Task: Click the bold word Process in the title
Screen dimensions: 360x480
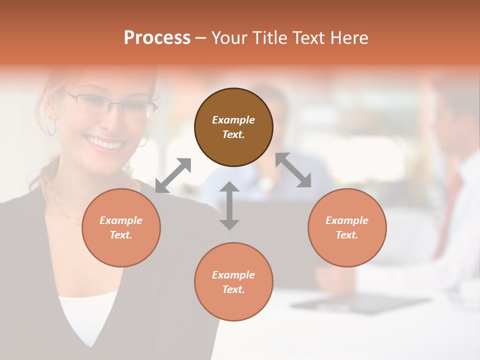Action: (x=157, y=38)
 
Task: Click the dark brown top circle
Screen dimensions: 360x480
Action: (x=233, y=127)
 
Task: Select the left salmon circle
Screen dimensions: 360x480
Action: (x=121, y=227)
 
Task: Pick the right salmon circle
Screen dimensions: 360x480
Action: (x=347, y=227)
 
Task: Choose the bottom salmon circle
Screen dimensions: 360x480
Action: (x=233, y=282)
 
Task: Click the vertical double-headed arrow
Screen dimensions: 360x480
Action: (x=229, y=205)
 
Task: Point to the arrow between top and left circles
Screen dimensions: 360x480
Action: (x=173, y=175)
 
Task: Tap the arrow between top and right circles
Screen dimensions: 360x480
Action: (x=293, y=170)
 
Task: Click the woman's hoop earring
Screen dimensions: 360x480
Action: (x=51, y=126)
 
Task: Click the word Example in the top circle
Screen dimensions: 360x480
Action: (x=233, y=120)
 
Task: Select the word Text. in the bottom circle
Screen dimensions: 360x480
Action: (x=233, y=289)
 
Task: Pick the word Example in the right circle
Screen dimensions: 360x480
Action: (x=347, y=220)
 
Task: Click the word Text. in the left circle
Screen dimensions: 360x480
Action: (x=121, y=235)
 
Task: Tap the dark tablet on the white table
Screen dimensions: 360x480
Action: (x=360, y=303)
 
